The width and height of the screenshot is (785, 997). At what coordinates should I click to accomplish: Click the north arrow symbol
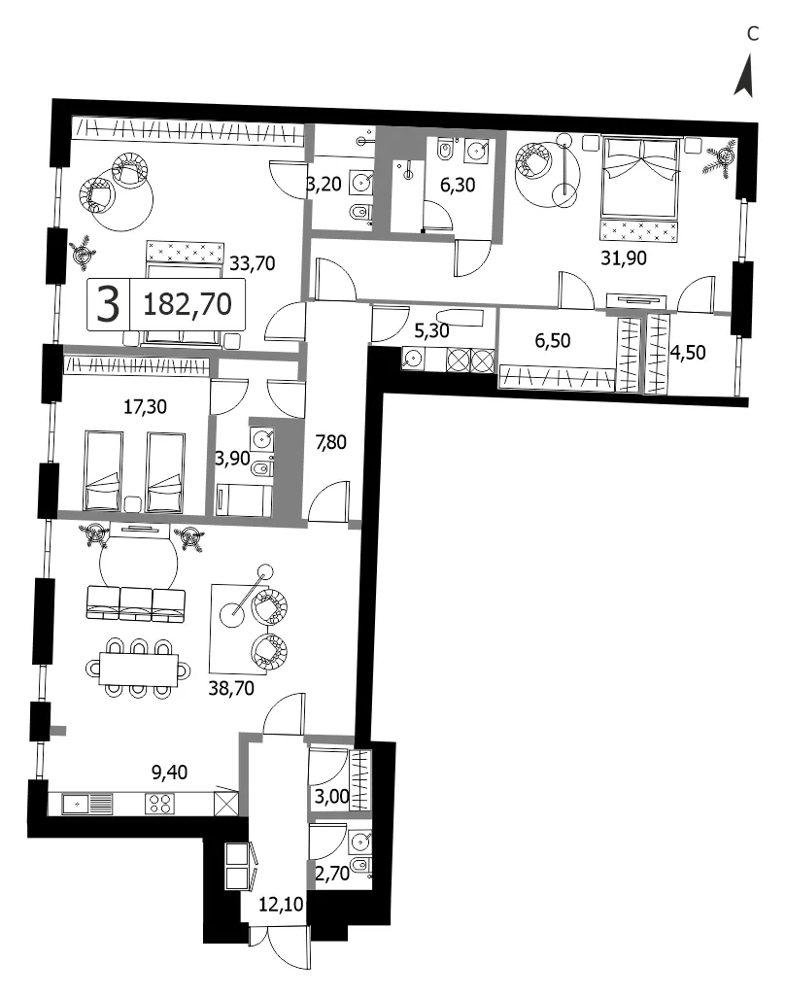tap(746, 78)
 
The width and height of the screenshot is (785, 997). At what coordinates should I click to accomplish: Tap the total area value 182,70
tap(188, 304)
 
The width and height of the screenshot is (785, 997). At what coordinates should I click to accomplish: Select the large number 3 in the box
tap(108, 304)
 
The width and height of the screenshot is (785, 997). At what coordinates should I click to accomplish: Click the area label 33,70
tap(253, 262)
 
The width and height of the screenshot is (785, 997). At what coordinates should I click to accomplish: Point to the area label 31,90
tap(624, 258)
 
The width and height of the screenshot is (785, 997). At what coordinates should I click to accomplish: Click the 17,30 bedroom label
tap(145, 406)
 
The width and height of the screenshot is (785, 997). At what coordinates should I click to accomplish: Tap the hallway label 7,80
tap(331, 441)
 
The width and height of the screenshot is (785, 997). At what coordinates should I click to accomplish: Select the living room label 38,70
tap(231, 687)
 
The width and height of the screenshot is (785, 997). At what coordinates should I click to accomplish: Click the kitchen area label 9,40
tap(170, 772)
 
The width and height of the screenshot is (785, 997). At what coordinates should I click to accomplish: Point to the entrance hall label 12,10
tap(281, 904)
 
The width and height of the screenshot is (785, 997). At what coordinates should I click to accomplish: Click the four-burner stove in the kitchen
tap(159, 804)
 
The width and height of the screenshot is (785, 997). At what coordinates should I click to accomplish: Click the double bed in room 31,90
tap(639, 189)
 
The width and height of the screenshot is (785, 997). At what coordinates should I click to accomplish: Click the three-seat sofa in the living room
tap(135, 602)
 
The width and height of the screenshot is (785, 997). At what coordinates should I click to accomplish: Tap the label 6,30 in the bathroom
tap(458, 185)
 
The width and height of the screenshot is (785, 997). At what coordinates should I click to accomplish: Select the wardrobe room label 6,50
tap(553, 340)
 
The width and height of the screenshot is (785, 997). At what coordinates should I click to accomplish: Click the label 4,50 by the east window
tap(689, 353)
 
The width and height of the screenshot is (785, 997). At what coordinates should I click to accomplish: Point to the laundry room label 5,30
tap(431, 330)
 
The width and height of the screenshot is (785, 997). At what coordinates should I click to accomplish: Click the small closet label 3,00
tap(332, 796)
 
